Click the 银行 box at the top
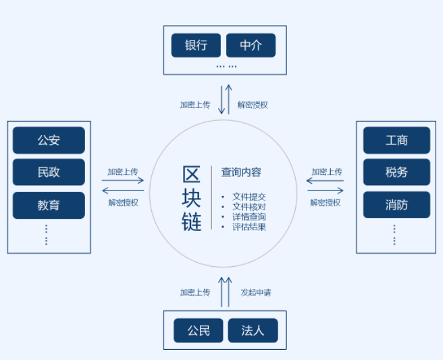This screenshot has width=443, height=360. tap(196, 46)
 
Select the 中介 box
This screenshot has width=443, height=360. tap(251, 46)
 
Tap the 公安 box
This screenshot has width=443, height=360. tap(49, 140)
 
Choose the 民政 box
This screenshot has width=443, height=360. tap(49, 172)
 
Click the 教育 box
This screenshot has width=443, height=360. tap(49, 205)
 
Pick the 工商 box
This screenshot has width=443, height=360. tap(396, 140)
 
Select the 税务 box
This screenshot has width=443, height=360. tap(396, 172)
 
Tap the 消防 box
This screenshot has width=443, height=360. tap(396, 205)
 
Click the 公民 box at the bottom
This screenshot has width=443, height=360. tap(199, 331)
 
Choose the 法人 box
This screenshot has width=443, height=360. tap(253, 331)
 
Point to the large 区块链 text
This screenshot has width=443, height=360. tap(192, 199)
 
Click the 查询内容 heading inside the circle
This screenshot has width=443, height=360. tap(241, 172)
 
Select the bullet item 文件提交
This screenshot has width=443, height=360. tap(249, 197)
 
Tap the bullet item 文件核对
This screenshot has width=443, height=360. tap(249, 207)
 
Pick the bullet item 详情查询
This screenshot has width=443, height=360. tap(249, 217)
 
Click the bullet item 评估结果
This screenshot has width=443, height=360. tap(249, 227)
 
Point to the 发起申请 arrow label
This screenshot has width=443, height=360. tap(256, 292)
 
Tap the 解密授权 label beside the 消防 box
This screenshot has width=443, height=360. tap(325, 202)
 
